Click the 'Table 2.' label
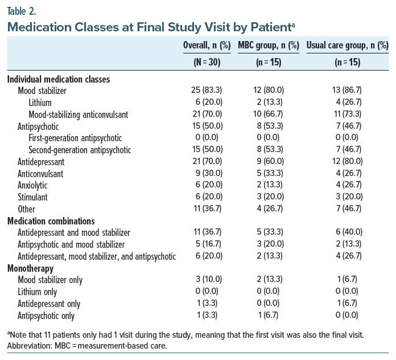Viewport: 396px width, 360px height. [x=22, y=10]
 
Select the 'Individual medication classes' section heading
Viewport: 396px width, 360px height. [x=59, y=79]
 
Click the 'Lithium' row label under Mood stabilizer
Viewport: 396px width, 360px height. [x=40, y=103]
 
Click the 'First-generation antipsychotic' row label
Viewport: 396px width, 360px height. [x=75, y=138]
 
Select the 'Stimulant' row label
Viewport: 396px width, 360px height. [x=33, y=198]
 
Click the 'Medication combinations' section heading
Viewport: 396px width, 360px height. [x=51, y=220]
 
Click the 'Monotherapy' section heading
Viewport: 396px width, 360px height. [x=31, y=268]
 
